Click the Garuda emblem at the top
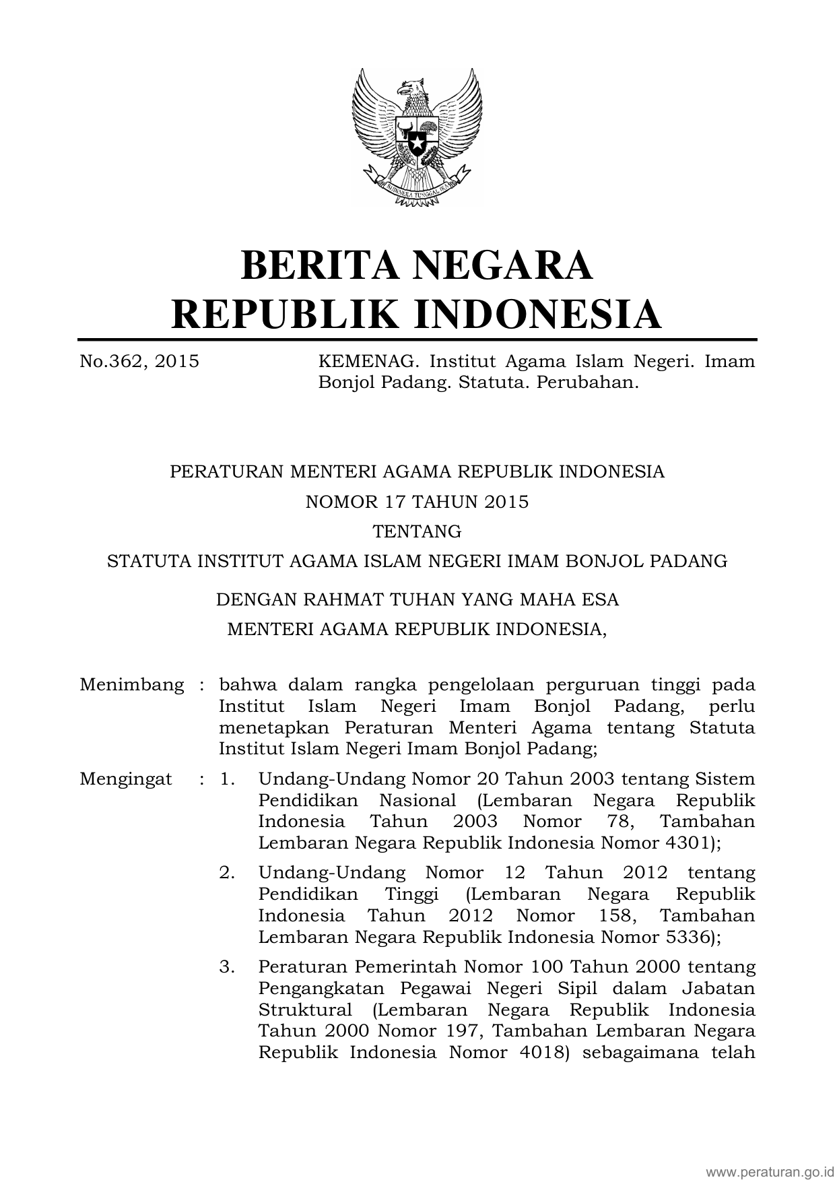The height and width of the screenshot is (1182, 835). [417, 136]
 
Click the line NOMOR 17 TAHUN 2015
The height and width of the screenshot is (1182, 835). [417, 502]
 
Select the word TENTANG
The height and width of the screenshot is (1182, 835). [417, 531]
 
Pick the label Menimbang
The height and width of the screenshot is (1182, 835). [131, 685]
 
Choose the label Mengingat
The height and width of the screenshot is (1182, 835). [125, 779]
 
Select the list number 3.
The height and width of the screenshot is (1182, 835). [227, 967]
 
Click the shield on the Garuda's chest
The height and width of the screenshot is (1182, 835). [417, 137]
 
